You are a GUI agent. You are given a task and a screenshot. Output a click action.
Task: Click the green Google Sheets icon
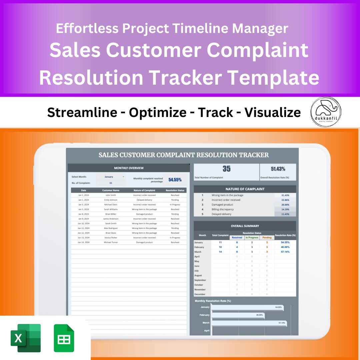(64, 338)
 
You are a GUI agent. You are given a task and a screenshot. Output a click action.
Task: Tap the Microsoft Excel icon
(26, 338)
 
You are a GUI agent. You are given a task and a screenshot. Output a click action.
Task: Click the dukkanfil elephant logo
(326, 112)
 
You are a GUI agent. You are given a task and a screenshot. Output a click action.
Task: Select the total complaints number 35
(226, 169)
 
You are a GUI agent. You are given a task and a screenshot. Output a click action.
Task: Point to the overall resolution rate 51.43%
(278, 169)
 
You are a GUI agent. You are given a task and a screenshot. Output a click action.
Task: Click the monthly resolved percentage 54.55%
(175, 180)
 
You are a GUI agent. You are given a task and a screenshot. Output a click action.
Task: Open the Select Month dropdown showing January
(111, 177)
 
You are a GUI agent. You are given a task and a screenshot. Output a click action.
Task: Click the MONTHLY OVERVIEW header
(129, 168)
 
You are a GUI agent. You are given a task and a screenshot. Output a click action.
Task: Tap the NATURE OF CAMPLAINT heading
(245, 189)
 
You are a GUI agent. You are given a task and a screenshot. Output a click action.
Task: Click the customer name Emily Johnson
(111, 200)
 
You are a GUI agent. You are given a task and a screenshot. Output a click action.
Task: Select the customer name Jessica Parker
(111, 238)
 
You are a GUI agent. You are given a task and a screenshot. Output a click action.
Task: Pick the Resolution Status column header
(175, 190)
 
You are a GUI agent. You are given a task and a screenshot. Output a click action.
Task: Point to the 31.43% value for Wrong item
(285, 195)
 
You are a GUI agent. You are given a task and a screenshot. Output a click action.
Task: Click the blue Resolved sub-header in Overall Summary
(237, 238)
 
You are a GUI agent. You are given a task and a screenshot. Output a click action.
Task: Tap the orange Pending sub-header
(267, 238)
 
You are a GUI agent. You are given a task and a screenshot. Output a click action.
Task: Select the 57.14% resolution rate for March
(285, 252)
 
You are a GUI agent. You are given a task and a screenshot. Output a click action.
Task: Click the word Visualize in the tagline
(273, 113)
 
